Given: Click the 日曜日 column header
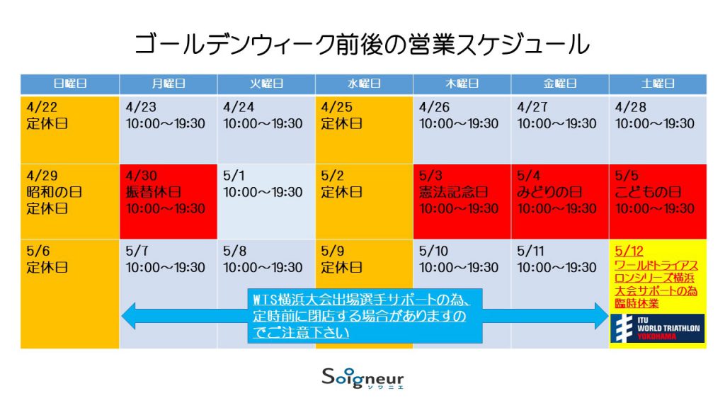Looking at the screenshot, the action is pos(70,84).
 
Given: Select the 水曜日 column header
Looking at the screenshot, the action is pos(364,84).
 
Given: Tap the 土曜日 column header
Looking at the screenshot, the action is pos(658,84).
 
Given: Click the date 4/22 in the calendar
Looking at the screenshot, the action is pos(42,108).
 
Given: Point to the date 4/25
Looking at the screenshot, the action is pos(336,108).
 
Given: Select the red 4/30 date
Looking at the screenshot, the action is pos(141,176).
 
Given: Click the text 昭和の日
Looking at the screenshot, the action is pos(54,192).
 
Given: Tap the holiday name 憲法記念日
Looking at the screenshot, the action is pos(453,192).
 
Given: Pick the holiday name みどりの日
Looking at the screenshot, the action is pos(549,192).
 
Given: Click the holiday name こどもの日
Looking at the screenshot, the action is pos(647,192).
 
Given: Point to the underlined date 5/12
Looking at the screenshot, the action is pos(629,251).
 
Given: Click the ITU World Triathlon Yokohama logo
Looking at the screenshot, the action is pos(658,329).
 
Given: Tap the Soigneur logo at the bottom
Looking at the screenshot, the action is pos(363,378).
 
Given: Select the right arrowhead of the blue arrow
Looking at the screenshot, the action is pos(602,316).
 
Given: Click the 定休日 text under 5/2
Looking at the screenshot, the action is pos(342,192).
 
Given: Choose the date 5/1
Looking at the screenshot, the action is pos(234,176).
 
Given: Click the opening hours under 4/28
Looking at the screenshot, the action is pos(655,123).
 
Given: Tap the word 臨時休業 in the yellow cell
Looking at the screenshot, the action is pos(636,303).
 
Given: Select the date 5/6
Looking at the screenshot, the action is pos(38,251).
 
